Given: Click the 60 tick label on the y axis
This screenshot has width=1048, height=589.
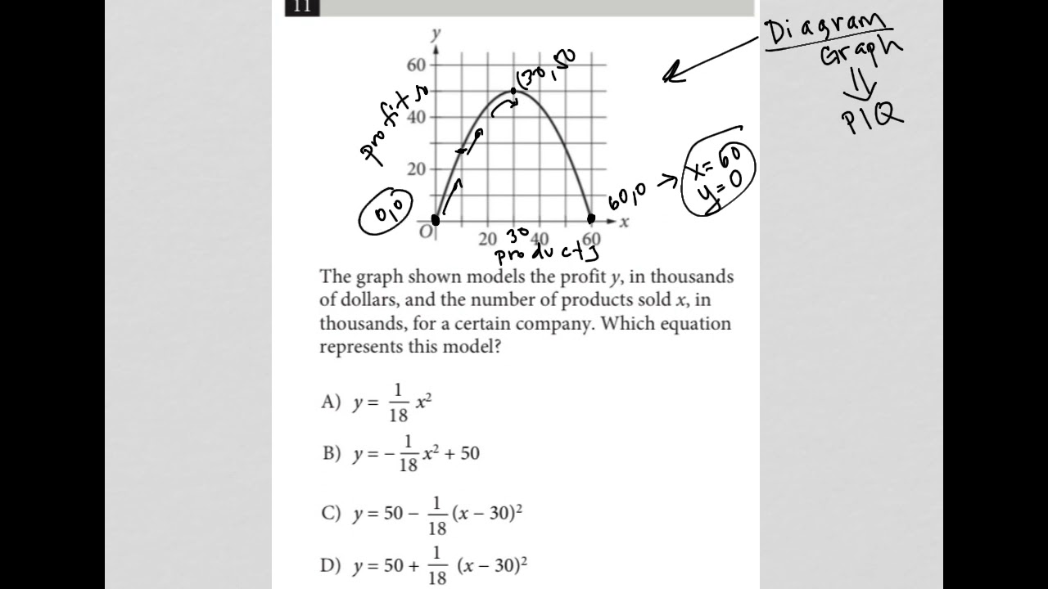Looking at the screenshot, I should coord(416,65).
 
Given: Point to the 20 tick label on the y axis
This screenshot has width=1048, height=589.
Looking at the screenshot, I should coord(416,169).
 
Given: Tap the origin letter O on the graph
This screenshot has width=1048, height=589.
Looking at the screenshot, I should coord(425,232).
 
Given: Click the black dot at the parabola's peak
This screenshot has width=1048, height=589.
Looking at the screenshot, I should coord(513,91).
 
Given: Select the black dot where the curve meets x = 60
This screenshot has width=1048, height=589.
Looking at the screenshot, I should coord(591,218).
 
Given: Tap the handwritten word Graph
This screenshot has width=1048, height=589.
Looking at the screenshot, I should coord(861,53).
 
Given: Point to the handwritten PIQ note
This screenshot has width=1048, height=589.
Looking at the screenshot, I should coord(871,119).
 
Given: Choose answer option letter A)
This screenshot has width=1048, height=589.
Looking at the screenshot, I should coord(330,402).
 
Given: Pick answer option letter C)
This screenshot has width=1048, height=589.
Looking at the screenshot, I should coord(330,513).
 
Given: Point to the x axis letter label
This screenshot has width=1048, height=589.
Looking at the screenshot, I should coord(624,222).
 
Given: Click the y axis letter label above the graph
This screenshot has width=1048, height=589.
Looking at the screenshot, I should coord(436,34).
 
